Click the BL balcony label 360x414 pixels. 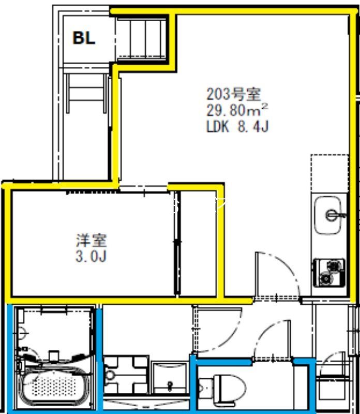click(84, 38)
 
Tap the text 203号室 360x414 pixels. click(233, 94)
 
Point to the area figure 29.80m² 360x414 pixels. click(237, 110)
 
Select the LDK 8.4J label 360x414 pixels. click(237, 126)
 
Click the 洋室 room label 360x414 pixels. click(92, 240)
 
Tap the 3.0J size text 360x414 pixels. click(91, 256)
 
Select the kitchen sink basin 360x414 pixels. click(327, 215)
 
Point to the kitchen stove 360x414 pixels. click(329, 273)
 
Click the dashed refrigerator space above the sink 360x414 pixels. click(329, 173)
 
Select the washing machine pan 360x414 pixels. click(126, 374)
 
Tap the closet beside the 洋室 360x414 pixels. click(199, 243)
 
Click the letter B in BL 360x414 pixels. click(79, 38)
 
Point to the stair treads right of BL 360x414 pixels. click(141, 38)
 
